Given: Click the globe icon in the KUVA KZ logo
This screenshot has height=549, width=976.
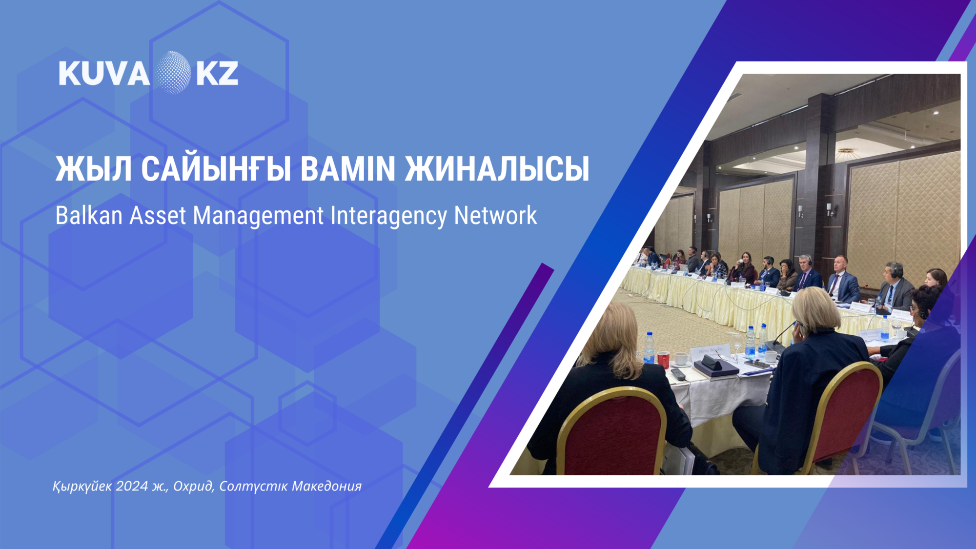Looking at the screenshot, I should [173, 73].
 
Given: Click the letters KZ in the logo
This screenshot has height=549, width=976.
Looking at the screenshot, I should [217, 73].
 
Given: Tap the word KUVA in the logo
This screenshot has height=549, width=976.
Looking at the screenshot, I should [104, 74].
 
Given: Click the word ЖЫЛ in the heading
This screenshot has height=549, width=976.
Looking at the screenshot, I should [93, 169].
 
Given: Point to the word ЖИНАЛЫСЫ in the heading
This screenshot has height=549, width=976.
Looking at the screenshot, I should [497, 169].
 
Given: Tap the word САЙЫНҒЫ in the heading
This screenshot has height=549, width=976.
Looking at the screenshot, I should [216, 169].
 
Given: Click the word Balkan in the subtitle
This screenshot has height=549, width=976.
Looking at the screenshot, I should [88, 216].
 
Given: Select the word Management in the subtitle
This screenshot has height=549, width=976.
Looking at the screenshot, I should [258, 216].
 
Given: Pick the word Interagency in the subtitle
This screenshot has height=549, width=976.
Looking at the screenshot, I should [388, 216].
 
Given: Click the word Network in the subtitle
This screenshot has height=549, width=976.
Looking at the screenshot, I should [495, 216].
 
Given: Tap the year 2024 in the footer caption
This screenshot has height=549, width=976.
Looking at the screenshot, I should [132, 486].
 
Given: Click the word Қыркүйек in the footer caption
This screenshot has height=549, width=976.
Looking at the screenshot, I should [82, 486].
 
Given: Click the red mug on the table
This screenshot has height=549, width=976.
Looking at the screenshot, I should [663, 360].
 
